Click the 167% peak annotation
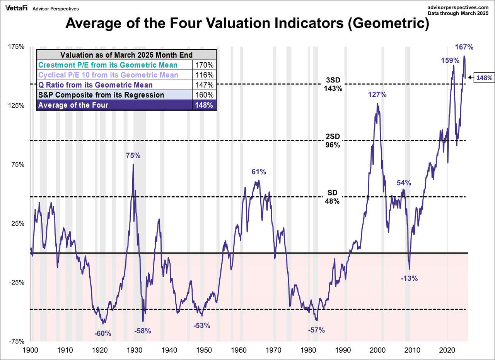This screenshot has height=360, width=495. (464, 47)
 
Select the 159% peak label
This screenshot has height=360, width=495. (450, 60)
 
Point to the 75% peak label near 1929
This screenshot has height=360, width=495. (133, 155)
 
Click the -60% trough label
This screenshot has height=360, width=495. (103, 333)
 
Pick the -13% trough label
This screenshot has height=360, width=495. (410, 278)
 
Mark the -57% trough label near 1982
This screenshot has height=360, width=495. (316, 330)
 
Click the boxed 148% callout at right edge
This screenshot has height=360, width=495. (484, 77)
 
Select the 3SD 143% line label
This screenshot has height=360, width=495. (332, 84)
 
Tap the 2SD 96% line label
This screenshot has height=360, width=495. (332, 141)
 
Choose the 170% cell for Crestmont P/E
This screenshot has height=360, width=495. (205, 65)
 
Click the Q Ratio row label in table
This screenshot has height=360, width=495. (95, 85)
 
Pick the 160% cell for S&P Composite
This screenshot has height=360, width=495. (205, 95)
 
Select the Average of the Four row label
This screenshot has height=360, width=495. (73, 105)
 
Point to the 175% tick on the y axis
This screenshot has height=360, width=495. (16, 47)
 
